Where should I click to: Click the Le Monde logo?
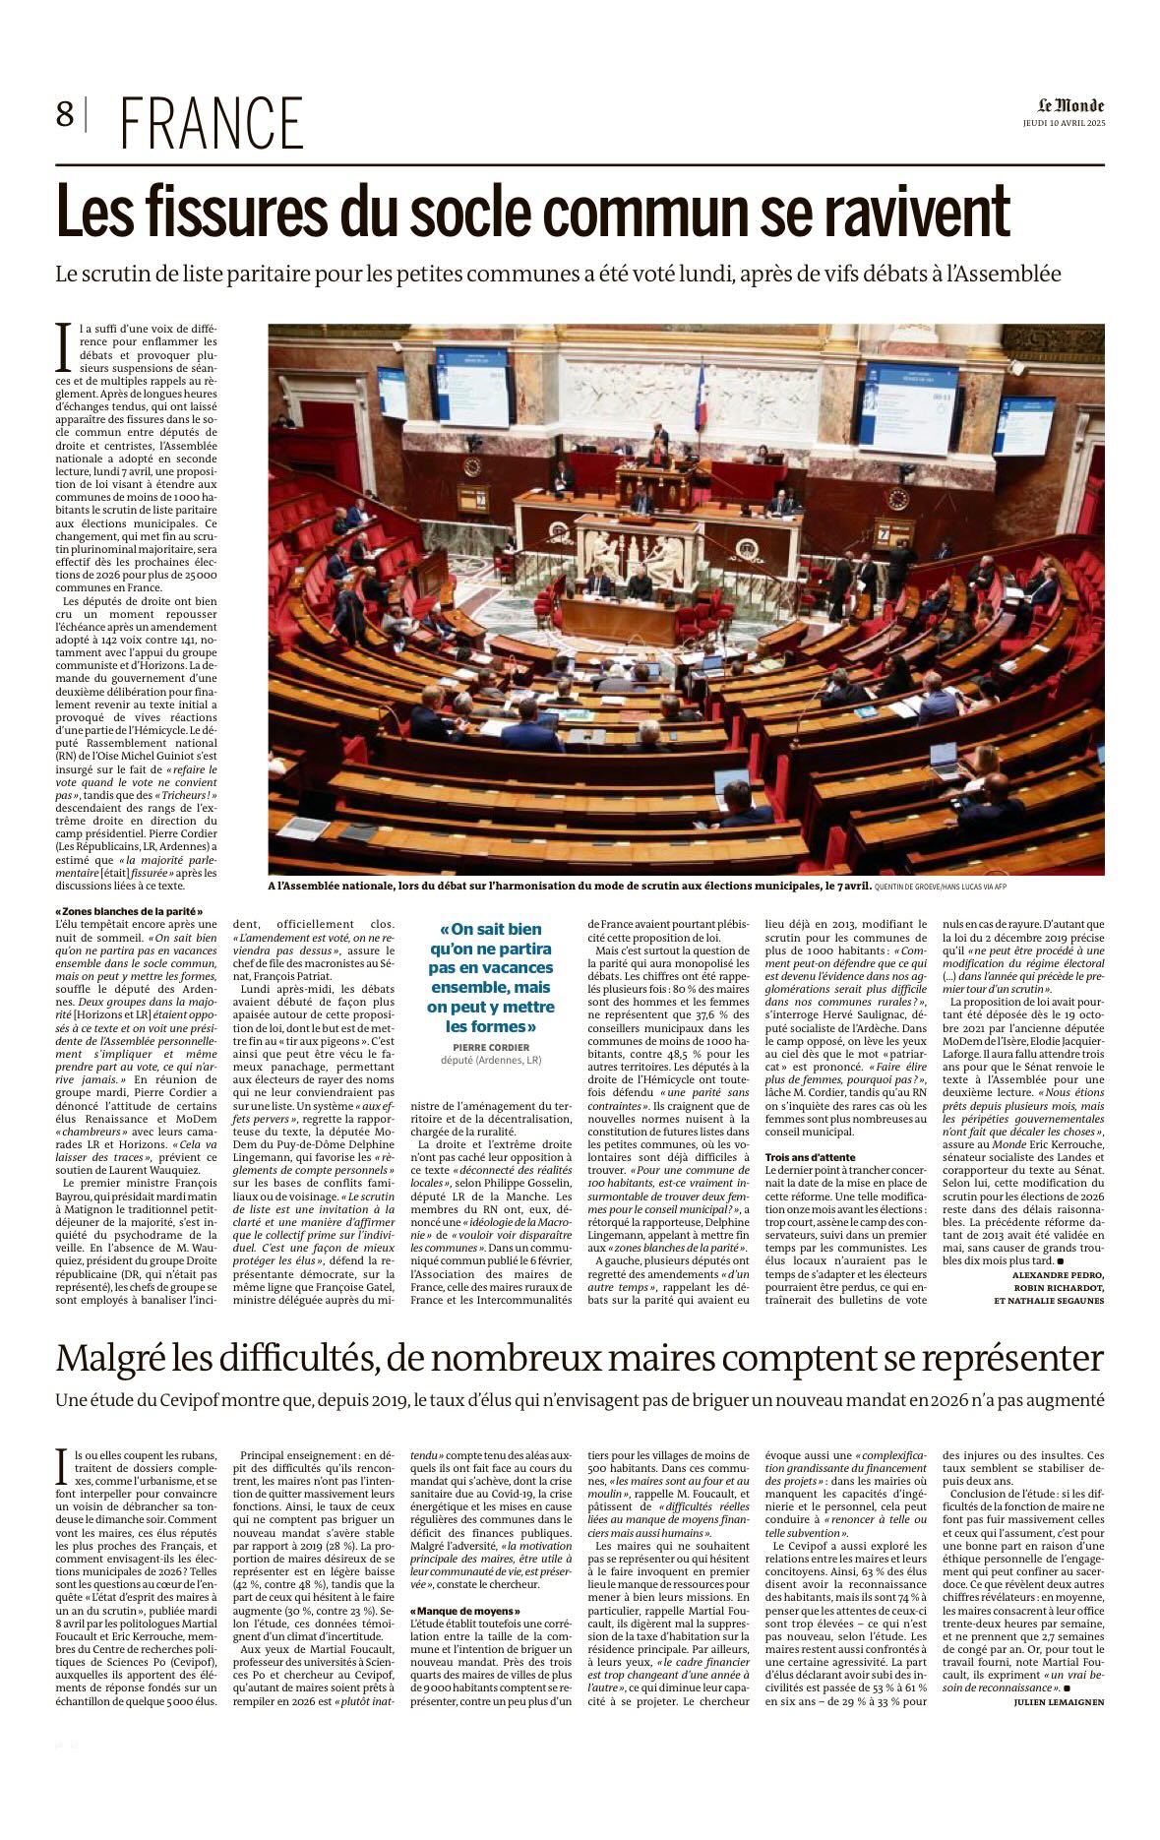coord(1070,105)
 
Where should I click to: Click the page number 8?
coord(65,116)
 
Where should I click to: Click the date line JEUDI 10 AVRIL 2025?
coord(1064,123)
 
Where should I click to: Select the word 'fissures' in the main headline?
coord(242,212)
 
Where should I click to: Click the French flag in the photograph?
coord(701,397)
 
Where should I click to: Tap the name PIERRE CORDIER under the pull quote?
coord(491,1047)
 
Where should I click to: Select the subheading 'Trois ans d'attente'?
coord(810,1157)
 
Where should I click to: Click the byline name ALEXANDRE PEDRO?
coord(1058,1274)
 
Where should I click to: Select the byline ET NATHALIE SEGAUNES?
coord(1049,1300)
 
